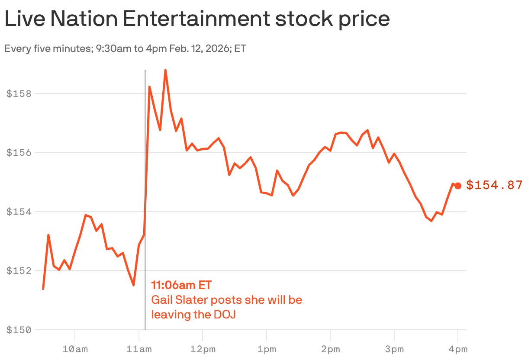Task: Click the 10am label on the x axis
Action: point(75,349)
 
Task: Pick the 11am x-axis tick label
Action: point(138,349)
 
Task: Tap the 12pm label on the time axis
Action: point(203,349)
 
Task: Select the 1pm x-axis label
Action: point(267,349)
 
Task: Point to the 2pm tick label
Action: point(330,349)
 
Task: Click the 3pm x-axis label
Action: point(394,349)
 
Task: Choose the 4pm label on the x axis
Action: point(458,349)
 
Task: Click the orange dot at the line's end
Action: point(458,186)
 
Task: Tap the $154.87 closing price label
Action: point(494,186)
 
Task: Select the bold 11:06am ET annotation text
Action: point(181,285)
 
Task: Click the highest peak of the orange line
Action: point(165,70)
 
